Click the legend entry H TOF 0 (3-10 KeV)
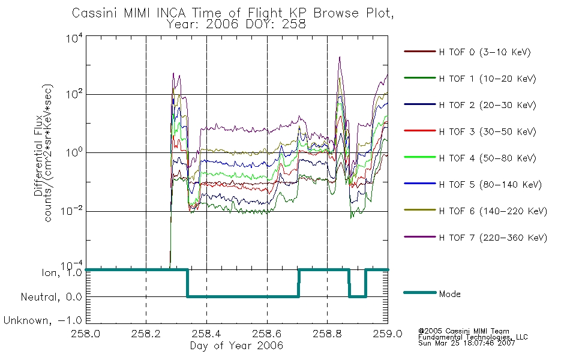(485, 52)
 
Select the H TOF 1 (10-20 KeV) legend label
(487, 79)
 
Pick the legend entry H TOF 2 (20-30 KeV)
(487, 105)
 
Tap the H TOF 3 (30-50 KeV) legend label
(487, 131)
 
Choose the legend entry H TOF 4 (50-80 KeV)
(487, 158)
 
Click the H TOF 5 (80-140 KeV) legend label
(490, 185)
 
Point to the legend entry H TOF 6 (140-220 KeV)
(493, 211)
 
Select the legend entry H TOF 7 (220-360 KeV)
(493, 238)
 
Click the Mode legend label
(449, 294)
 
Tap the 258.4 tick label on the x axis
(206, 334)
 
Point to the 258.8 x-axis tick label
(327, 334)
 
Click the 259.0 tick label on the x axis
(388, 334)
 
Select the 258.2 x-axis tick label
(146, 334)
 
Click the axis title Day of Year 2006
(236, 346)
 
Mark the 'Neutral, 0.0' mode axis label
(51, 297)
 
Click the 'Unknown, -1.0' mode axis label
(43, 320)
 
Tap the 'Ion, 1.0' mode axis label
(62, 273)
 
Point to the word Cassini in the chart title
(95, 13)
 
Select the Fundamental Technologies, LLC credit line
(473, 337)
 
